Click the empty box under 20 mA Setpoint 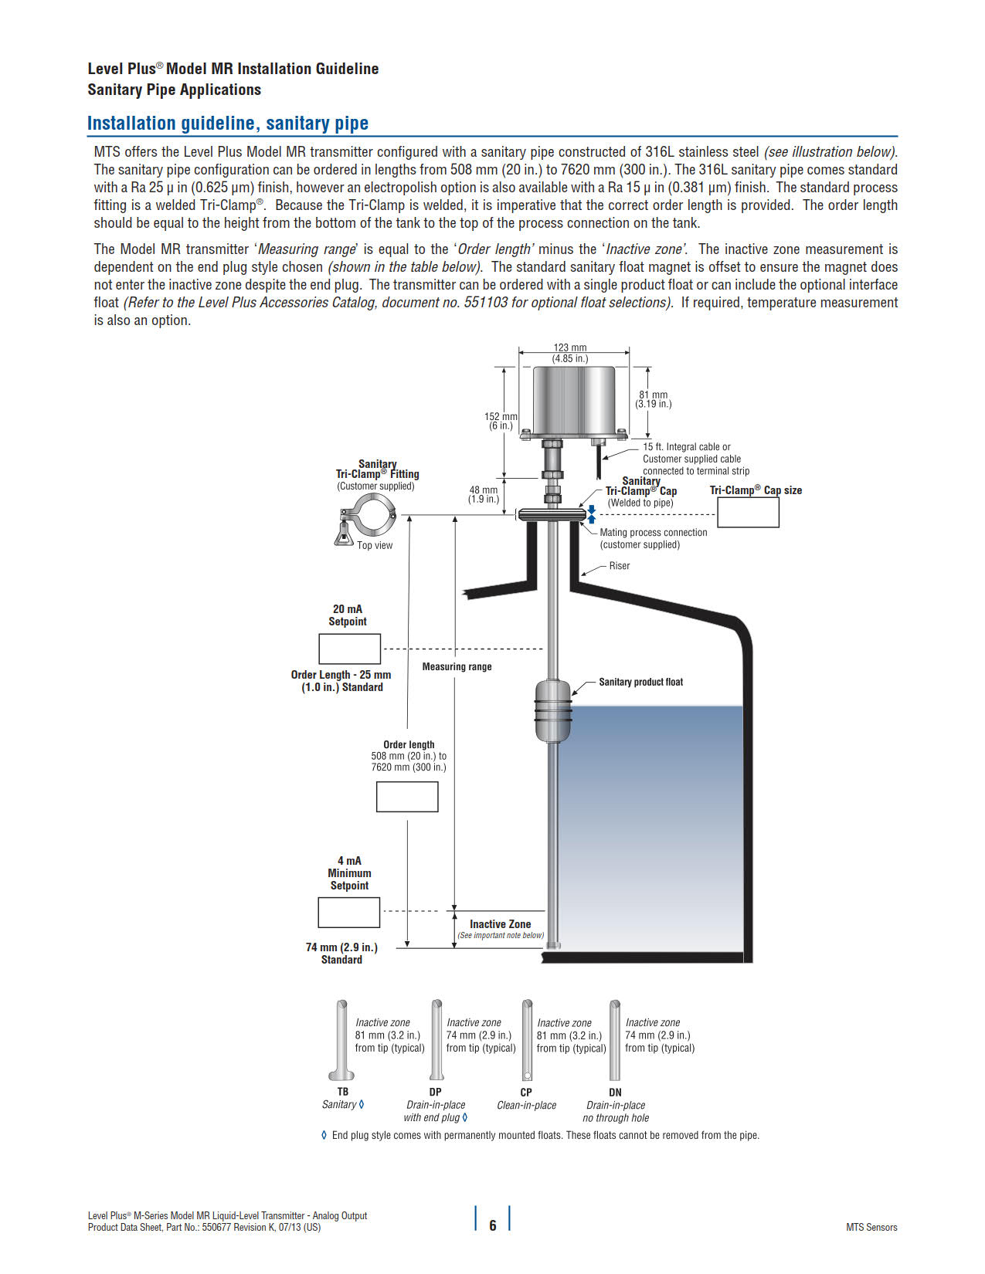[x=349, y=649]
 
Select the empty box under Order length [x=407, y=797]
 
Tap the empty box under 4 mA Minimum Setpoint [x=348, y=912]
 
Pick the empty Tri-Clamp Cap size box [x=748, y=512]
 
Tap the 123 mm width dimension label [x=570, y=353]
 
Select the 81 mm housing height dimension [x=654, y=399]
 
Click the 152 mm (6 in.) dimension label [x=501, y=421]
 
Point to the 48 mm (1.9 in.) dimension [x=484, y=494]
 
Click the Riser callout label [x=619, y=566]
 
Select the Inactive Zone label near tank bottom [x=500, y=924]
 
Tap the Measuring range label [x=457, y=666]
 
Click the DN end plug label [x=615, y=1092]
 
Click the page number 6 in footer [x=493, y=1225]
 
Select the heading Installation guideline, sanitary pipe [x=227, y=124]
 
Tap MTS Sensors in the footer [x=871, y=1227]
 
